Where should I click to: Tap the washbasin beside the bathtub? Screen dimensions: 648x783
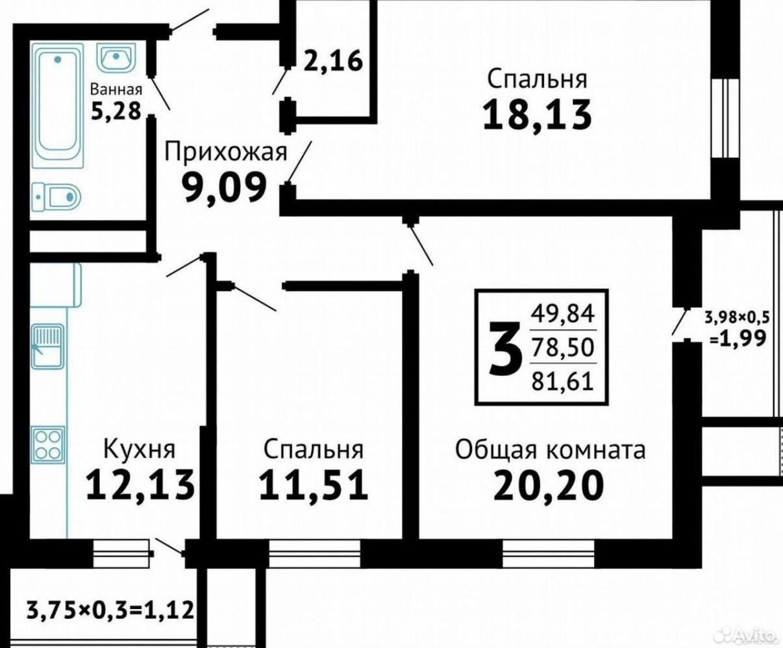click(x=116, y=59)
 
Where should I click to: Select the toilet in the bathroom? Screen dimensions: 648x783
click(x=56, y=195)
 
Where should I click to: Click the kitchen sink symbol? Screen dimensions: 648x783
click(x=47, y=346)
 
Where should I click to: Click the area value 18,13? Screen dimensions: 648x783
click(x=537, y=116)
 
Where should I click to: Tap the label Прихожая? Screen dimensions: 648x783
click(x=225, y=153)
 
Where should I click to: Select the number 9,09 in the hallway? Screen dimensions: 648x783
click(x=225, y=188)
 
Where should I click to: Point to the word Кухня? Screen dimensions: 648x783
click(x=140, y=449)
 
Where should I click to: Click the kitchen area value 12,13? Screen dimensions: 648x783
click(x=140, y=484)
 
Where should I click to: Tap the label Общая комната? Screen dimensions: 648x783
click(x=550, y=449)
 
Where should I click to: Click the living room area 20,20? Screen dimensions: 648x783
click(x=549, y=484)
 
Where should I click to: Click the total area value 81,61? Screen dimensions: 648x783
click(x=562, y=380)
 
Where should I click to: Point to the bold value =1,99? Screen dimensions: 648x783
click(x=739, y=338)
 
